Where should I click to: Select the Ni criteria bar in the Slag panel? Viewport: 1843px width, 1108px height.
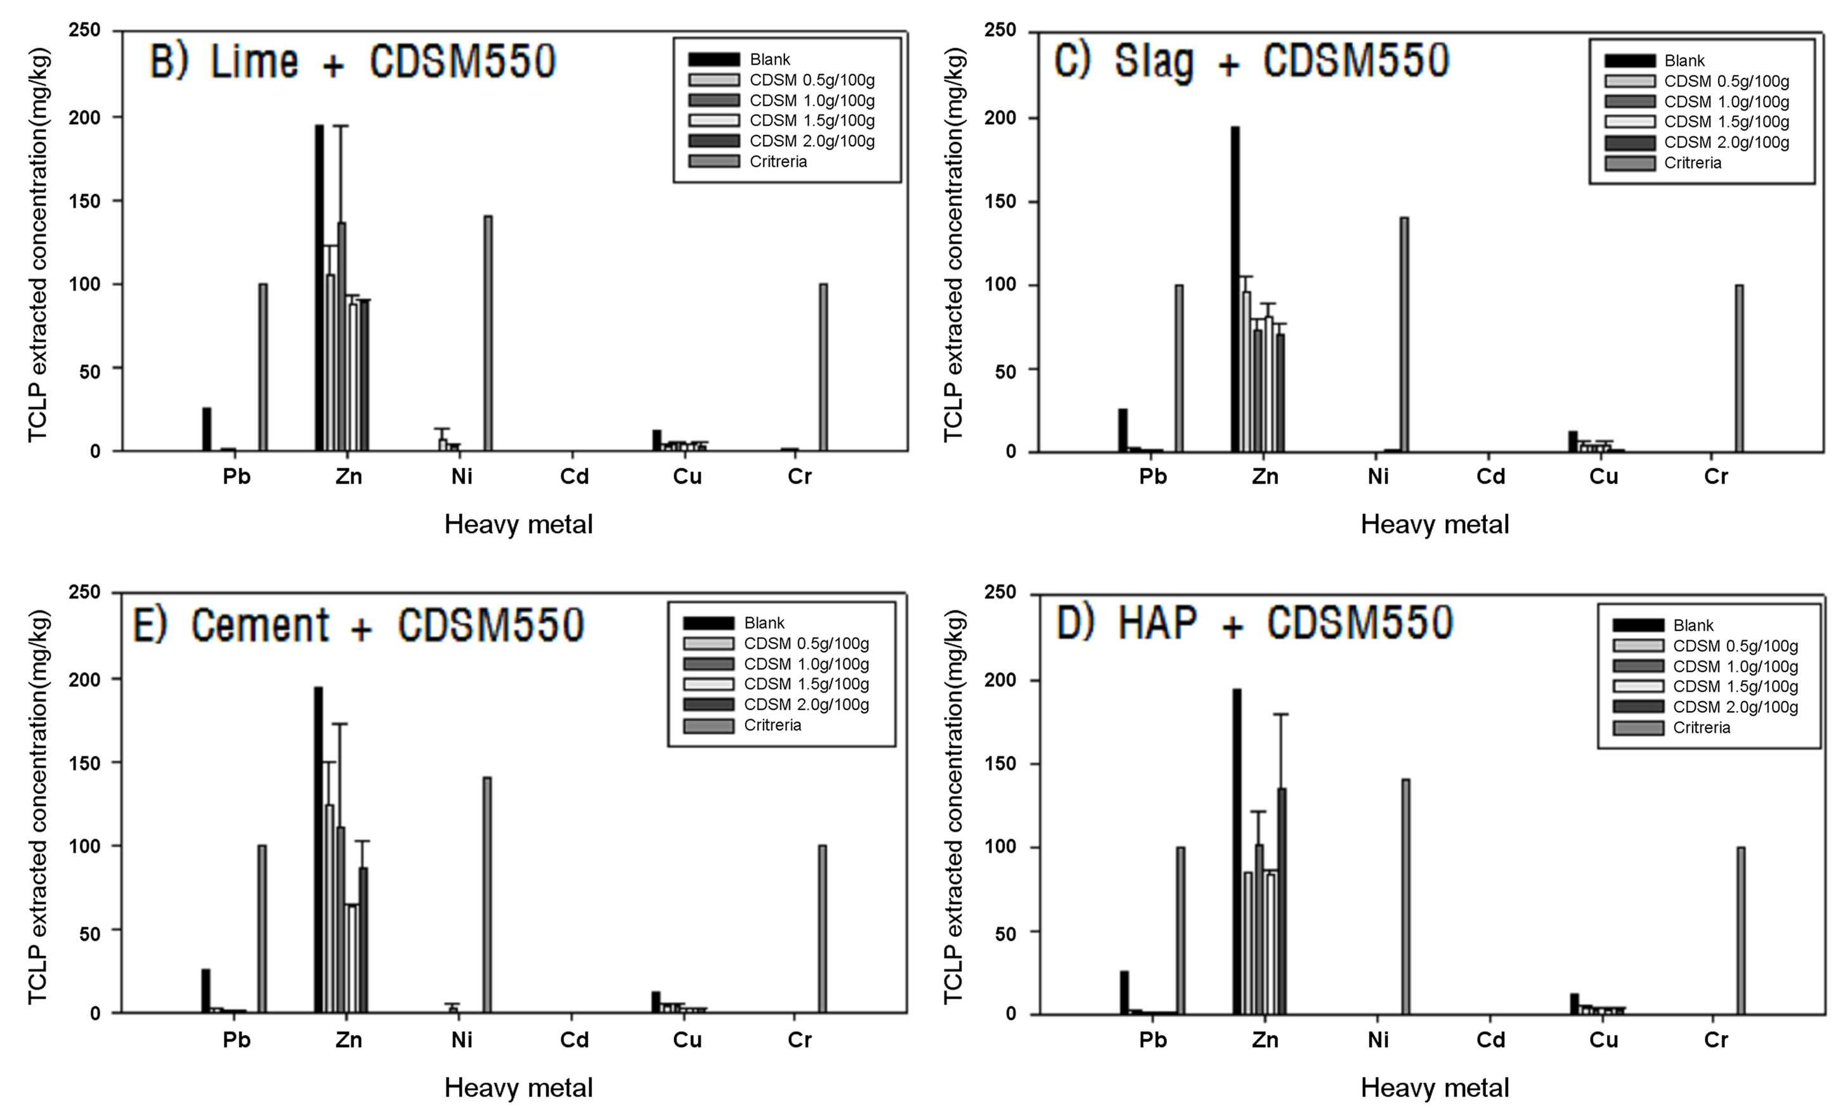(1405, 335)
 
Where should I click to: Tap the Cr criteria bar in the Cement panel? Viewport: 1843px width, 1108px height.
(823, 929)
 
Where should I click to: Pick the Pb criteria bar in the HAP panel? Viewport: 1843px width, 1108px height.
(1180, 931)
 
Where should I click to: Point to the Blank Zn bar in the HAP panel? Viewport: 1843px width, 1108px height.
(1237, 852)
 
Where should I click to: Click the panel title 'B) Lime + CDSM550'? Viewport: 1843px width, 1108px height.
(353, 61)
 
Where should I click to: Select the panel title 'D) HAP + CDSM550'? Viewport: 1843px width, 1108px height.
(1255, 622)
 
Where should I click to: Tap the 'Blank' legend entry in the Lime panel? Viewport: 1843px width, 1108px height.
(770, 60)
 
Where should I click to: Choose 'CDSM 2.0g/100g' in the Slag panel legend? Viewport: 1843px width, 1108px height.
(1726, 142)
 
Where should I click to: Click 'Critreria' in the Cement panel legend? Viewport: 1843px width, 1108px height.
(772, 725)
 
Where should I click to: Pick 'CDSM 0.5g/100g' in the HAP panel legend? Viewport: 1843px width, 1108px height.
(1735, 646)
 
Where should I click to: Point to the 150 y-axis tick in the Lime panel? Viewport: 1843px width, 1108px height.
(84, 202)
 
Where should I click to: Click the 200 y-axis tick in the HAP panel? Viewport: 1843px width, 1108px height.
(1000, 680)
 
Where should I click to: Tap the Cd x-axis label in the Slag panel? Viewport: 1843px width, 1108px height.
(1490, 476)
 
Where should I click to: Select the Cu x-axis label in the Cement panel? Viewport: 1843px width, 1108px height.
(687, 1040)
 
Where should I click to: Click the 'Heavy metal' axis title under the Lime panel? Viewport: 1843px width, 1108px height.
(518, 524)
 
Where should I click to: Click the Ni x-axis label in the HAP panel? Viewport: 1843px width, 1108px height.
(1377, 1040)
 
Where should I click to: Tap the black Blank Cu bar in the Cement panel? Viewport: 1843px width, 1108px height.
(656, 1002)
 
